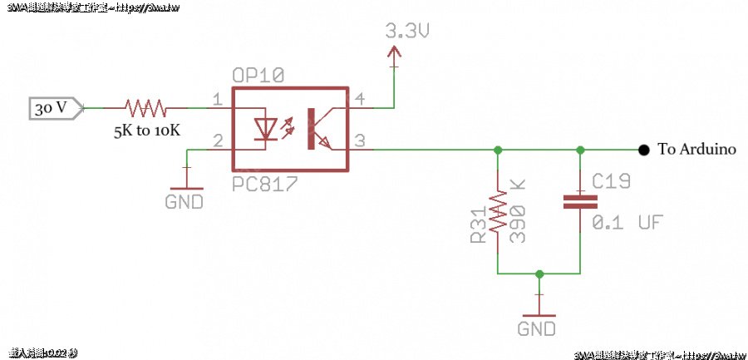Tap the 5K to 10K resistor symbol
pos(145,107)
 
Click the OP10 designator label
pos(258,76)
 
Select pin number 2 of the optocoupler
pos(217,141)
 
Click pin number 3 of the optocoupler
pos(360,141)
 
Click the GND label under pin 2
pos(185,201)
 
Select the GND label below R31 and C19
pos(537,328)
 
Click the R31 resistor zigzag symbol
pos(497,212)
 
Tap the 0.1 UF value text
pos(627,223)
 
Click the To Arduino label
pos(696,150)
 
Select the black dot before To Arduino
pos(643,150)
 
